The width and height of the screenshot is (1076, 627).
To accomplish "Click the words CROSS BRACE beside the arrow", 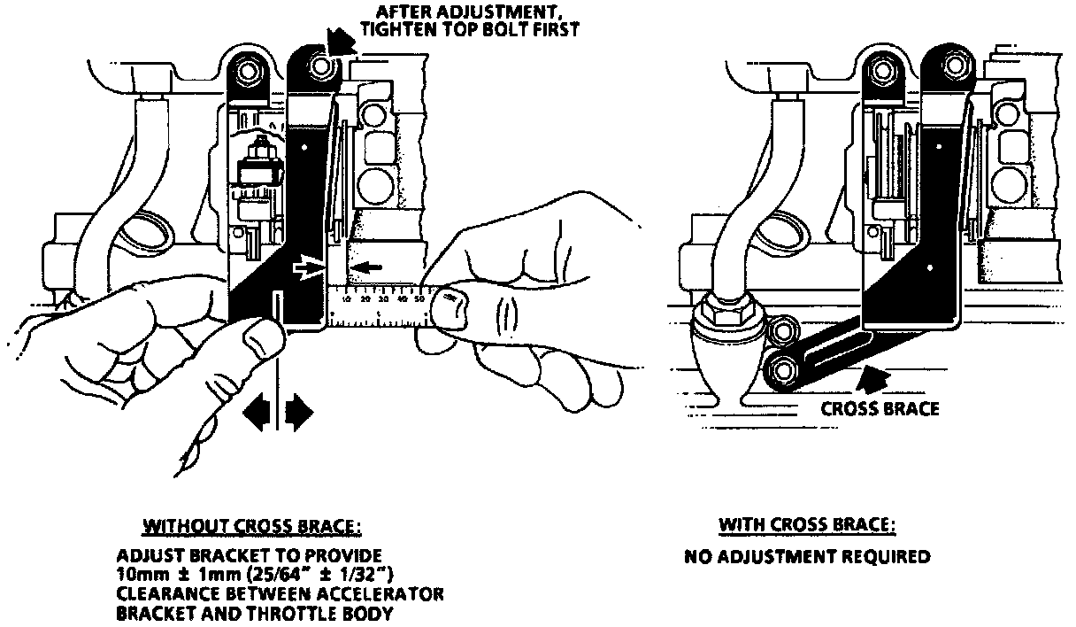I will coord(880,409).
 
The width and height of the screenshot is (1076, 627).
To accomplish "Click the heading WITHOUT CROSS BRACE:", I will coord(252,526).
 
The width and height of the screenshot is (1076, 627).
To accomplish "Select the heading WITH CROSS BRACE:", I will coord(807,525).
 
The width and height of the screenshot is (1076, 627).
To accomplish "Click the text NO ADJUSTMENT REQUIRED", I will coord(807,558).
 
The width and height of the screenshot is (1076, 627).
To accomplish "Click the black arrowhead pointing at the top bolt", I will coord(338,39).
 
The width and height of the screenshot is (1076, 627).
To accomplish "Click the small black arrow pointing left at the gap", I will coord(362,267).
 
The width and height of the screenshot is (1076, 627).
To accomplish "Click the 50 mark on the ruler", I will coord(418,301).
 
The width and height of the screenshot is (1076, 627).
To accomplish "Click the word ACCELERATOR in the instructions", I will coord(390,593).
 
